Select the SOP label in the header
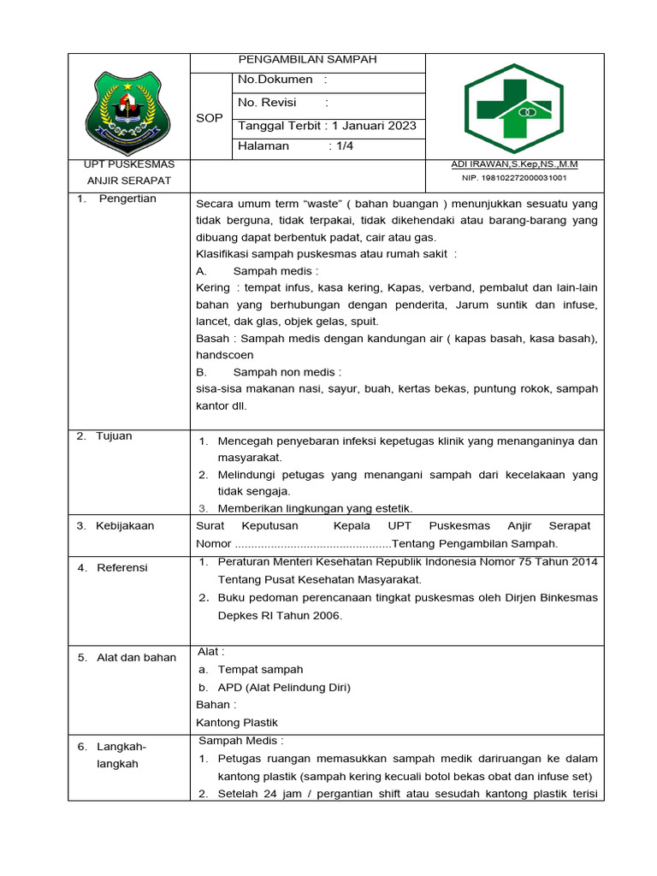(x=210, y=118)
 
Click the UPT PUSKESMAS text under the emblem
(x=129, y=164)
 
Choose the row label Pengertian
(x=128, y=198)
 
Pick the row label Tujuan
(x=115, y=435)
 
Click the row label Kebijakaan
(x=125, y=525)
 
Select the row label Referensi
(x=122, y=567)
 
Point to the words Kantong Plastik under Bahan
(x=237, y=722)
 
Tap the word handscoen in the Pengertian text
(x=224, y=354)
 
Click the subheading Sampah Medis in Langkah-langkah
(x=240, y=740)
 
